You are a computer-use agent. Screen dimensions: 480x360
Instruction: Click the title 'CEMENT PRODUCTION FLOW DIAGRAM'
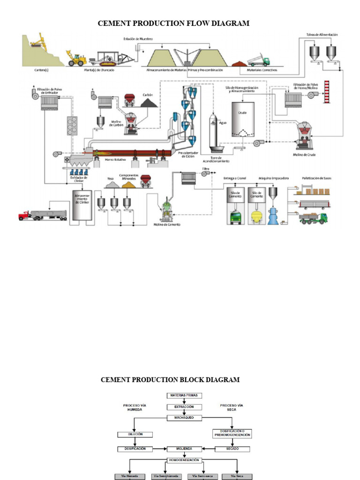pyautogui.click(x=173, y=23)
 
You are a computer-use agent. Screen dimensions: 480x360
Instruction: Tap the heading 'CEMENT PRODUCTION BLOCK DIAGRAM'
pyautogui.click(x=170, y=380)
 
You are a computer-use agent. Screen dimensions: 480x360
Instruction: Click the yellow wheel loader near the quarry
pyautogui.click(x=76, y=58)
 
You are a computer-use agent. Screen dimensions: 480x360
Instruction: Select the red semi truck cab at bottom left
pyautogui.click(x=24, y=216)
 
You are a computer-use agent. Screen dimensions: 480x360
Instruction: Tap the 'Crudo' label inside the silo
pyautogui.click(x=242, y=113)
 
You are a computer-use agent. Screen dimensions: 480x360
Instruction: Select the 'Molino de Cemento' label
pyautogui.click(x=167, y=224)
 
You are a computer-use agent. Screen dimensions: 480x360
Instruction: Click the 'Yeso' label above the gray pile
pyautogui.click(x=111, y=179)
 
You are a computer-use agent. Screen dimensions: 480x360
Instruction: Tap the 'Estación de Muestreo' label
pyautogui.click(x=138, y=38)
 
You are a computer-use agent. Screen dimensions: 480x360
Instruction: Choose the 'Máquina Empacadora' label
pyautogui.click(x=274, y=179)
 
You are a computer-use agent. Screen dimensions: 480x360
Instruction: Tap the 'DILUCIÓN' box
pyautogui.click(x=135, y=435)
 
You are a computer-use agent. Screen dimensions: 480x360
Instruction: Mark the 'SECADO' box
pyautogui.click(x=233, y=449)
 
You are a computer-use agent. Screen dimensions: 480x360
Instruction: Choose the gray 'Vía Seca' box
pyautogui.click(x=237, y=476)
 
